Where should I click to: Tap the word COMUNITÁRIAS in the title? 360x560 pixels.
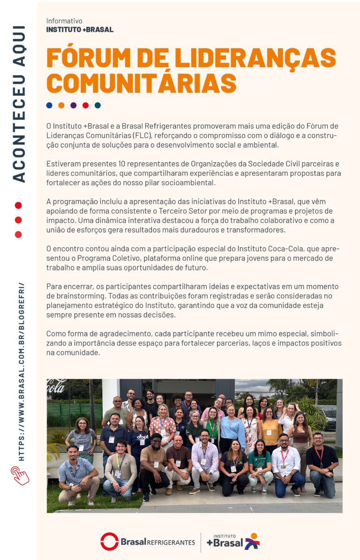click(141, 83)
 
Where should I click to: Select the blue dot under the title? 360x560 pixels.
click(49, 106)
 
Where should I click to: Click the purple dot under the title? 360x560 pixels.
click(74, 106)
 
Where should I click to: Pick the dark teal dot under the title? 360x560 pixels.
click(97, 106)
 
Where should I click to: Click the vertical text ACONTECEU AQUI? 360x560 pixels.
click(19, 103)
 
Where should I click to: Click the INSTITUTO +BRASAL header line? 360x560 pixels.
click(80, 30)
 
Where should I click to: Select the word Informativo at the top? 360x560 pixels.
click(64, 21)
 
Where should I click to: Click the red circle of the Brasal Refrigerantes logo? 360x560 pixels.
click(109, 542)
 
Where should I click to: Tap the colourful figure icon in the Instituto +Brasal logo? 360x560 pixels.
click(252, 541)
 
